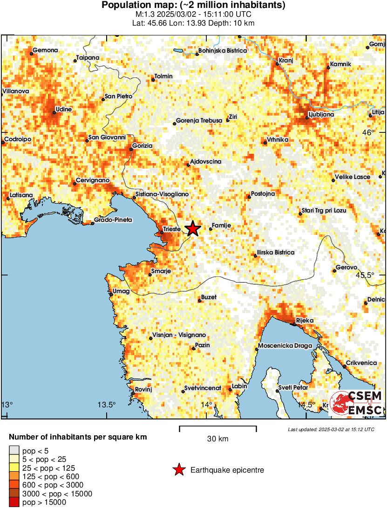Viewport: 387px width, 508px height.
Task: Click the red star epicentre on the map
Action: pyautogui.click(x=193, y=229)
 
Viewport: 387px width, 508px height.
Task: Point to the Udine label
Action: pyautogui.click(x=62, y=109)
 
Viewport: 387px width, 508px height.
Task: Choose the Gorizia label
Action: pyautogui.click(x=143, y=146)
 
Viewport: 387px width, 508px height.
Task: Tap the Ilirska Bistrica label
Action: pyautogui.click(x=277, y=252)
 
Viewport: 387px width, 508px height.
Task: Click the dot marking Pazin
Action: pyautogui.click(x=194, y=348)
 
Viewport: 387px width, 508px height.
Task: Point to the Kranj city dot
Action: pyautogui.click(x=278, y=64)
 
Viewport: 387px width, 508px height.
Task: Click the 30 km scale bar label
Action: pyautogui.click(x=217, y=439)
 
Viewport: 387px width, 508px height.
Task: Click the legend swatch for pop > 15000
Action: pyautogui.click(x=14, y=502)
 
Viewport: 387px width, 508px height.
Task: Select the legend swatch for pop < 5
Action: pyautogui.click(x=14, y=450)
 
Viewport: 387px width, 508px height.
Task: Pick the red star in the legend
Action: pyautogui.click(x=178, y=470)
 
